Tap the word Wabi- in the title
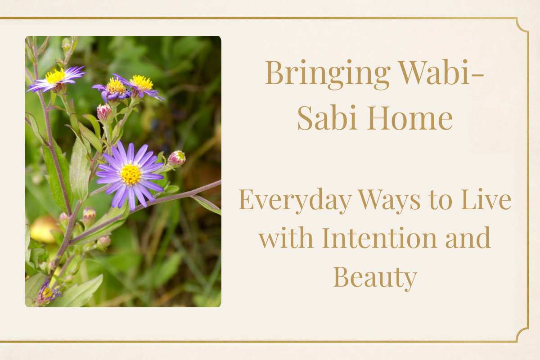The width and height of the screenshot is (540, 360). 441,72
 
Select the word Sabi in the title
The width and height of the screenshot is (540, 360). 327,117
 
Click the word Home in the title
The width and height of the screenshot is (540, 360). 410,117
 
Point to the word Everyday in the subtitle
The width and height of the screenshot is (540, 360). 295,201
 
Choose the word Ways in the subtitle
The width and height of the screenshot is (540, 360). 389,200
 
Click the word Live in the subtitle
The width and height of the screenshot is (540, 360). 486,199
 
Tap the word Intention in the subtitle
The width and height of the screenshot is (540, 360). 380,238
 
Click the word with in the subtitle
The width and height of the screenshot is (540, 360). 286,238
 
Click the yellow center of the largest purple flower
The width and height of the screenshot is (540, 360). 130,174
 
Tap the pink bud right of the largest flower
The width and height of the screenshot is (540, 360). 176,158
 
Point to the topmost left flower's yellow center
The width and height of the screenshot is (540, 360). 55,76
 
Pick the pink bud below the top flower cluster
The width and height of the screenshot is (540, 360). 104,112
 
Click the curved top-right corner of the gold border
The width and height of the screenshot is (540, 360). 522,25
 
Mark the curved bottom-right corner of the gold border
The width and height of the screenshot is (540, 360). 522,335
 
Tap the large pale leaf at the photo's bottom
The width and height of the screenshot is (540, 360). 76,292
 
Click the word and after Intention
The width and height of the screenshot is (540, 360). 468,238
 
